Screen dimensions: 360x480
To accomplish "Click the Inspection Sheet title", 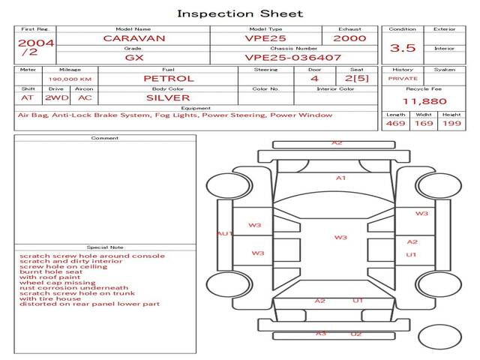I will (x=239, y=13).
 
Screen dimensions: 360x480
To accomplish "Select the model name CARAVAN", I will (x=128, y=37).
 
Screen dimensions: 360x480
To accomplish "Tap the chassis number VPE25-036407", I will (x=292, y=57).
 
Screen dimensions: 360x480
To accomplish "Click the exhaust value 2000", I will (x=349, y=37).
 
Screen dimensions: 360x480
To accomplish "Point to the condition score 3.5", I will (x=403, y=47).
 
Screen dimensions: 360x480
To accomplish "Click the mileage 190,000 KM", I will (x=70, y=79).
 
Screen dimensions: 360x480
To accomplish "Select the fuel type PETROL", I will (x=168, y=78).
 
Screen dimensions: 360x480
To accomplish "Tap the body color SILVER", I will (x=168, y=97).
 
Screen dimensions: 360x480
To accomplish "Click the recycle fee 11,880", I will (x=424, y=100).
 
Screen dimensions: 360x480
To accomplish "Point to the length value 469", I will (x=395, y=123).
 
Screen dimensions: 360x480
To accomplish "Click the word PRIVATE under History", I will (x=402, y=79).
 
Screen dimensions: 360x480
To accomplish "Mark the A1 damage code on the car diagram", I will (x=340, y=178).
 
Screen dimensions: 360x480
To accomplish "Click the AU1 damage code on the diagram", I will (x=225, y=234).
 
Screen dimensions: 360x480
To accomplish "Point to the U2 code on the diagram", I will (x=356, y=334).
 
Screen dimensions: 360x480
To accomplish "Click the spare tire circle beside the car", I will (x=439, y=335).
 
